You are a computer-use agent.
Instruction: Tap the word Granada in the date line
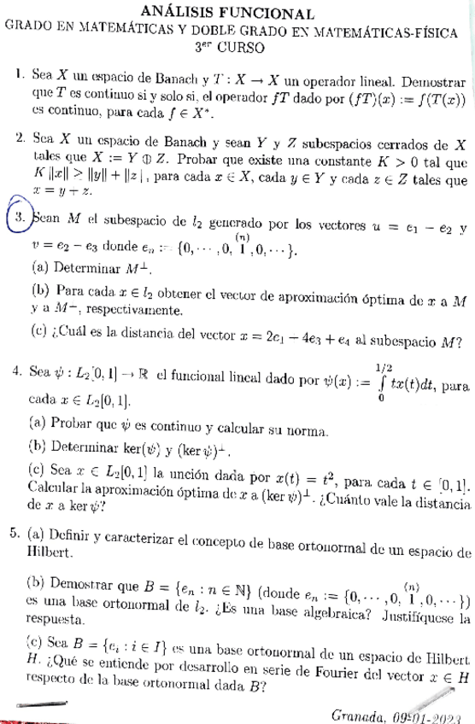(355, 713)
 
